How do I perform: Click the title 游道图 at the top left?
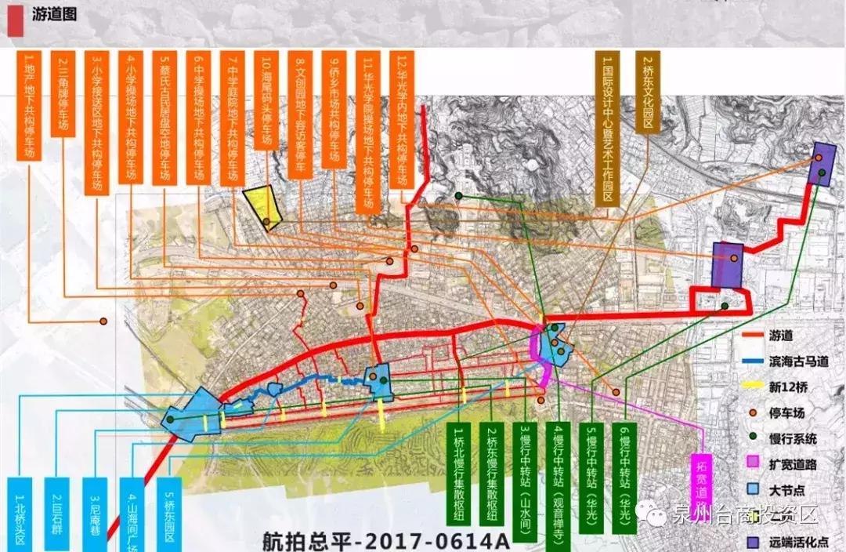point(55,14)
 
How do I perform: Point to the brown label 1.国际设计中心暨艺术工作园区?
point(604,129)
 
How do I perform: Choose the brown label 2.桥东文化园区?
point(648,93)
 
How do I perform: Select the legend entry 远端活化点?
point(797,540)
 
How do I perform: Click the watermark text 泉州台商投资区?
point(744,515)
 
